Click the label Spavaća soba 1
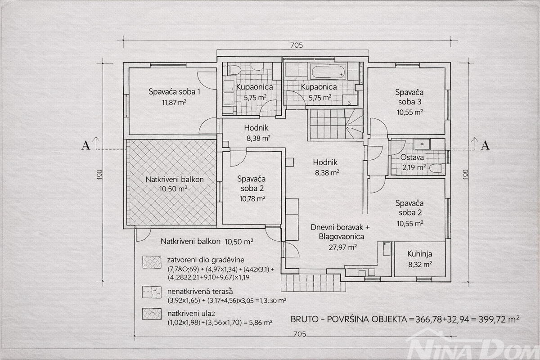(x=174, y=92)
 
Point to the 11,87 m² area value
(x=174, y=102)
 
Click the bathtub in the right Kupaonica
(x=328, y=72)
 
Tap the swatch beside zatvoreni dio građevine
(x=152, y=262)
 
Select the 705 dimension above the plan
(x=296, y=45)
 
